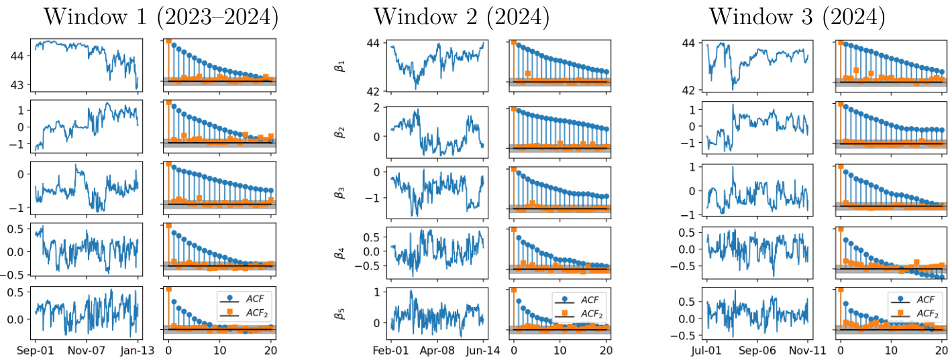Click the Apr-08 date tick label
[x=437, y=350]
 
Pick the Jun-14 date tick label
[x=483, y=350]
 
